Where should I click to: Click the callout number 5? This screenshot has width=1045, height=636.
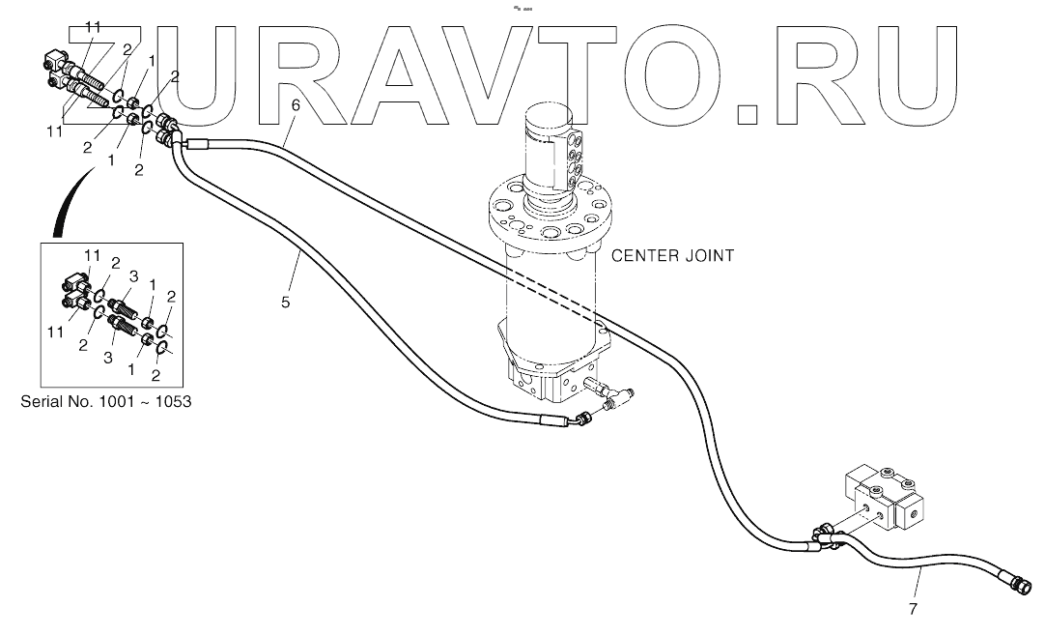pyautogui.click(x=285, y=303)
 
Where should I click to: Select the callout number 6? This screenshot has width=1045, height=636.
pyautogui.click(x=296, y=104)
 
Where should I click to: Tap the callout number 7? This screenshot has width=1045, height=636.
pyautogui.click(x=913, y=609)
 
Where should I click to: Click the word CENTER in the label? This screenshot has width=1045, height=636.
pyautogui.click(x=645, y=256)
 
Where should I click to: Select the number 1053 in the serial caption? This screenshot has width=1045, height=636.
pyautogui.click(x=169, y=401)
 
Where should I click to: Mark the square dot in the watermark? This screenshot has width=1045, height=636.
pyautogui.click(x=748, y=114)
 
